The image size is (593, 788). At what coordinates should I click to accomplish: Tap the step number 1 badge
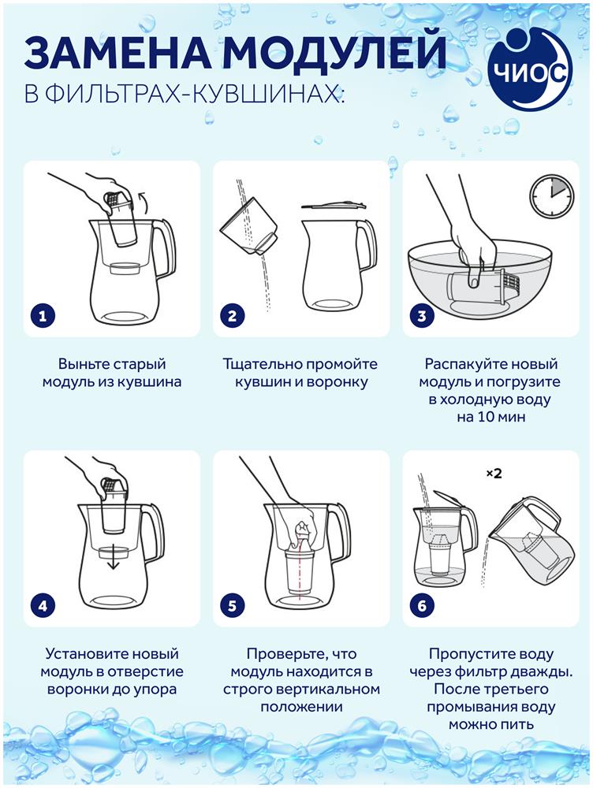click(x=43, y=316)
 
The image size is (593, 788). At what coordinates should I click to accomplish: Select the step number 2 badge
click(x=232, y=316)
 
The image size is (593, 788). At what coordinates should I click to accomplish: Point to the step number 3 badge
click(x=422, y=316)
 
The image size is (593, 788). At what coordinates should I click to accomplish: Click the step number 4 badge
click(x=43, y=605)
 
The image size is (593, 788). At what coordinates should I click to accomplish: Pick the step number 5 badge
click(x=232, y=605)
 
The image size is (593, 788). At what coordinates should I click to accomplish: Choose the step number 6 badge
click(x=422, y=605)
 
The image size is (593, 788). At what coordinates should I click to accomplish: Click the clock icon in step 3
click(x=552, y=196)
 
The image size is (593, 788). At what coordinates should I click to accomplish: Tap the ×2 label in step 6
click(x=494, y=474)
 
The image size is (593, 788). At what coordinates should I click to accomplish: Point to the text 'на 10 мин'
click(x=491, y=417)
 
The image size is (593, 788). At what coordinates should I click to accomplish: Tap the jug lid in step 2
click(x=333, y=205)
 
